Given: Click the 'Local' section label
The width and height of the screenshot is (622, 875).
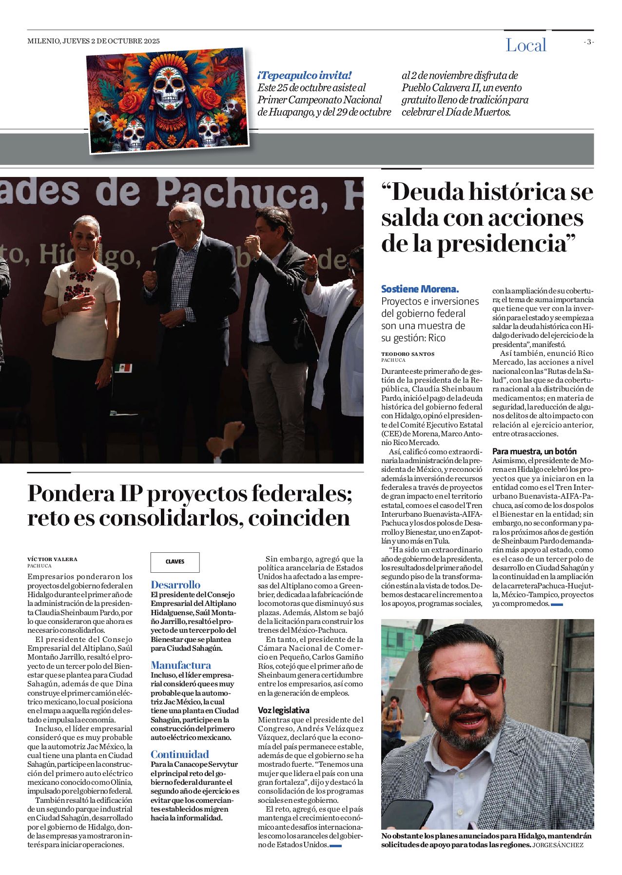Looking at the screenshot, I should point(525,45).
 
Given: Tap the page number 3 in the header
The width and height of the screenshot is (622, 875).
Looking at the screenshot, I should point(589,42).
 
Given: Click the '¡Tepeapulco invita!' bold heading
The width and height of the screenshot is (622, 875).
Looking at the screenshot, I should point(304,76).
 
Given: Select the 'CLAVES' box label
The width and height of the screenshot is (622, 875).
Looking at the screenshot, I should point(175,562).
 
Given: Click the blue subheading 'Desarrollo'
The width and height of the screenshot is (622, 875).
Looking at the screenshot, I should point(175,584).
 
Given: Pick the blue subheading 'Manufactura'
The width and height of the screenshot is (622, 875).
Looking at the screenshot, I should point(181,665).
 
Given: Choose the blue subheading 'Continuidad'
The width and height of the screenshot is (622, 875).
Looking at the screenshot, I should point(179,754).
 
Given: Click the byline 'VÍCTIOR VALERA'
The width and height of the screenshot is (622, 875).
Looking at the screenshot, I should point(52,559).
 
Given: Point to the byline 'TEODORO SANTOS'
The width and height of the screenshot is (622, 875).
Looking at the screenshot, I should point(408,354).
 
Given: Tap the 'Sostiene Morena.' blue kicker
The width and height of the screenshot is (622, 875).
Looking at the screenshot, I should point(420,289).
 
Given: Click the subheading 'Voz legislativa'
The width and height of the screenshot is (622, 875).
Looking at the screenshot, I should point(283,710).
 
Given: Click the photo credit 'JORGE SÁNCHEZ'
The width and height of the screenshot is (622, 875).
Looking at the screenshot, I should point(558,845).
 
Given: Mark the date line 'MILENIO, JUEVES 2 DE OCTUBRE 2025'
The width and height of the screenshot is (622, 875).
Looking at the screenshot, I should point(94,41).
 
